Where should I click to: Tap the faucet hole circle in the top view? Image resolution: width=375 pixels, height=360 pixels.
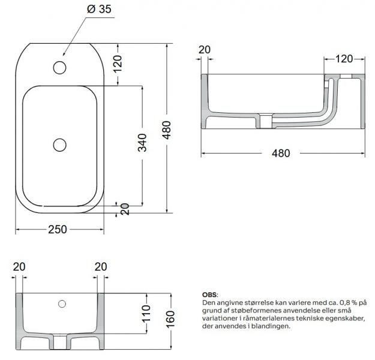tap(60, 67)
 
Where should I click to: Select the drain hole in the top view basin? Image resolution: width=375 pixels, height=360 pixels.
tap(60, 144)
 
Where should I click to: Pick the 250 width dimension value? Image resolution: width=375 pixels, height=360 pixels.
tap(58, 230)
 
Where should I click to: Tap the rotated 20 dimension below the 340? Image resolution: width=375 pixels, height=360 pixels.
tap(125, 209)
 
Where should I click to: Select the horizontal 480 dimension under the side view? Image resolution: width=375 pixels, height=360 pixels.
tap(281, 153)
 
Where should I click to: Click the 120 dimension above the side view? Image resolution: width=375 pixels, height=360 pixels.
tap(344, 59)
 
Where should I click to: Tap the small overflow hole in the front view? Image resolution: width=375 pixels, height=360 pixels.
tap(62, 304)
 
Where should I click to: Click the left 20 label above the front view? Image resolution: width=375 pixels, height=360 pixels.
tap(19, 267)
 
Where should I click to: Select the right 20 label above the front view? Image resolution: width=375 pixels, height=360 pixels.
tap(100, 267)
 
